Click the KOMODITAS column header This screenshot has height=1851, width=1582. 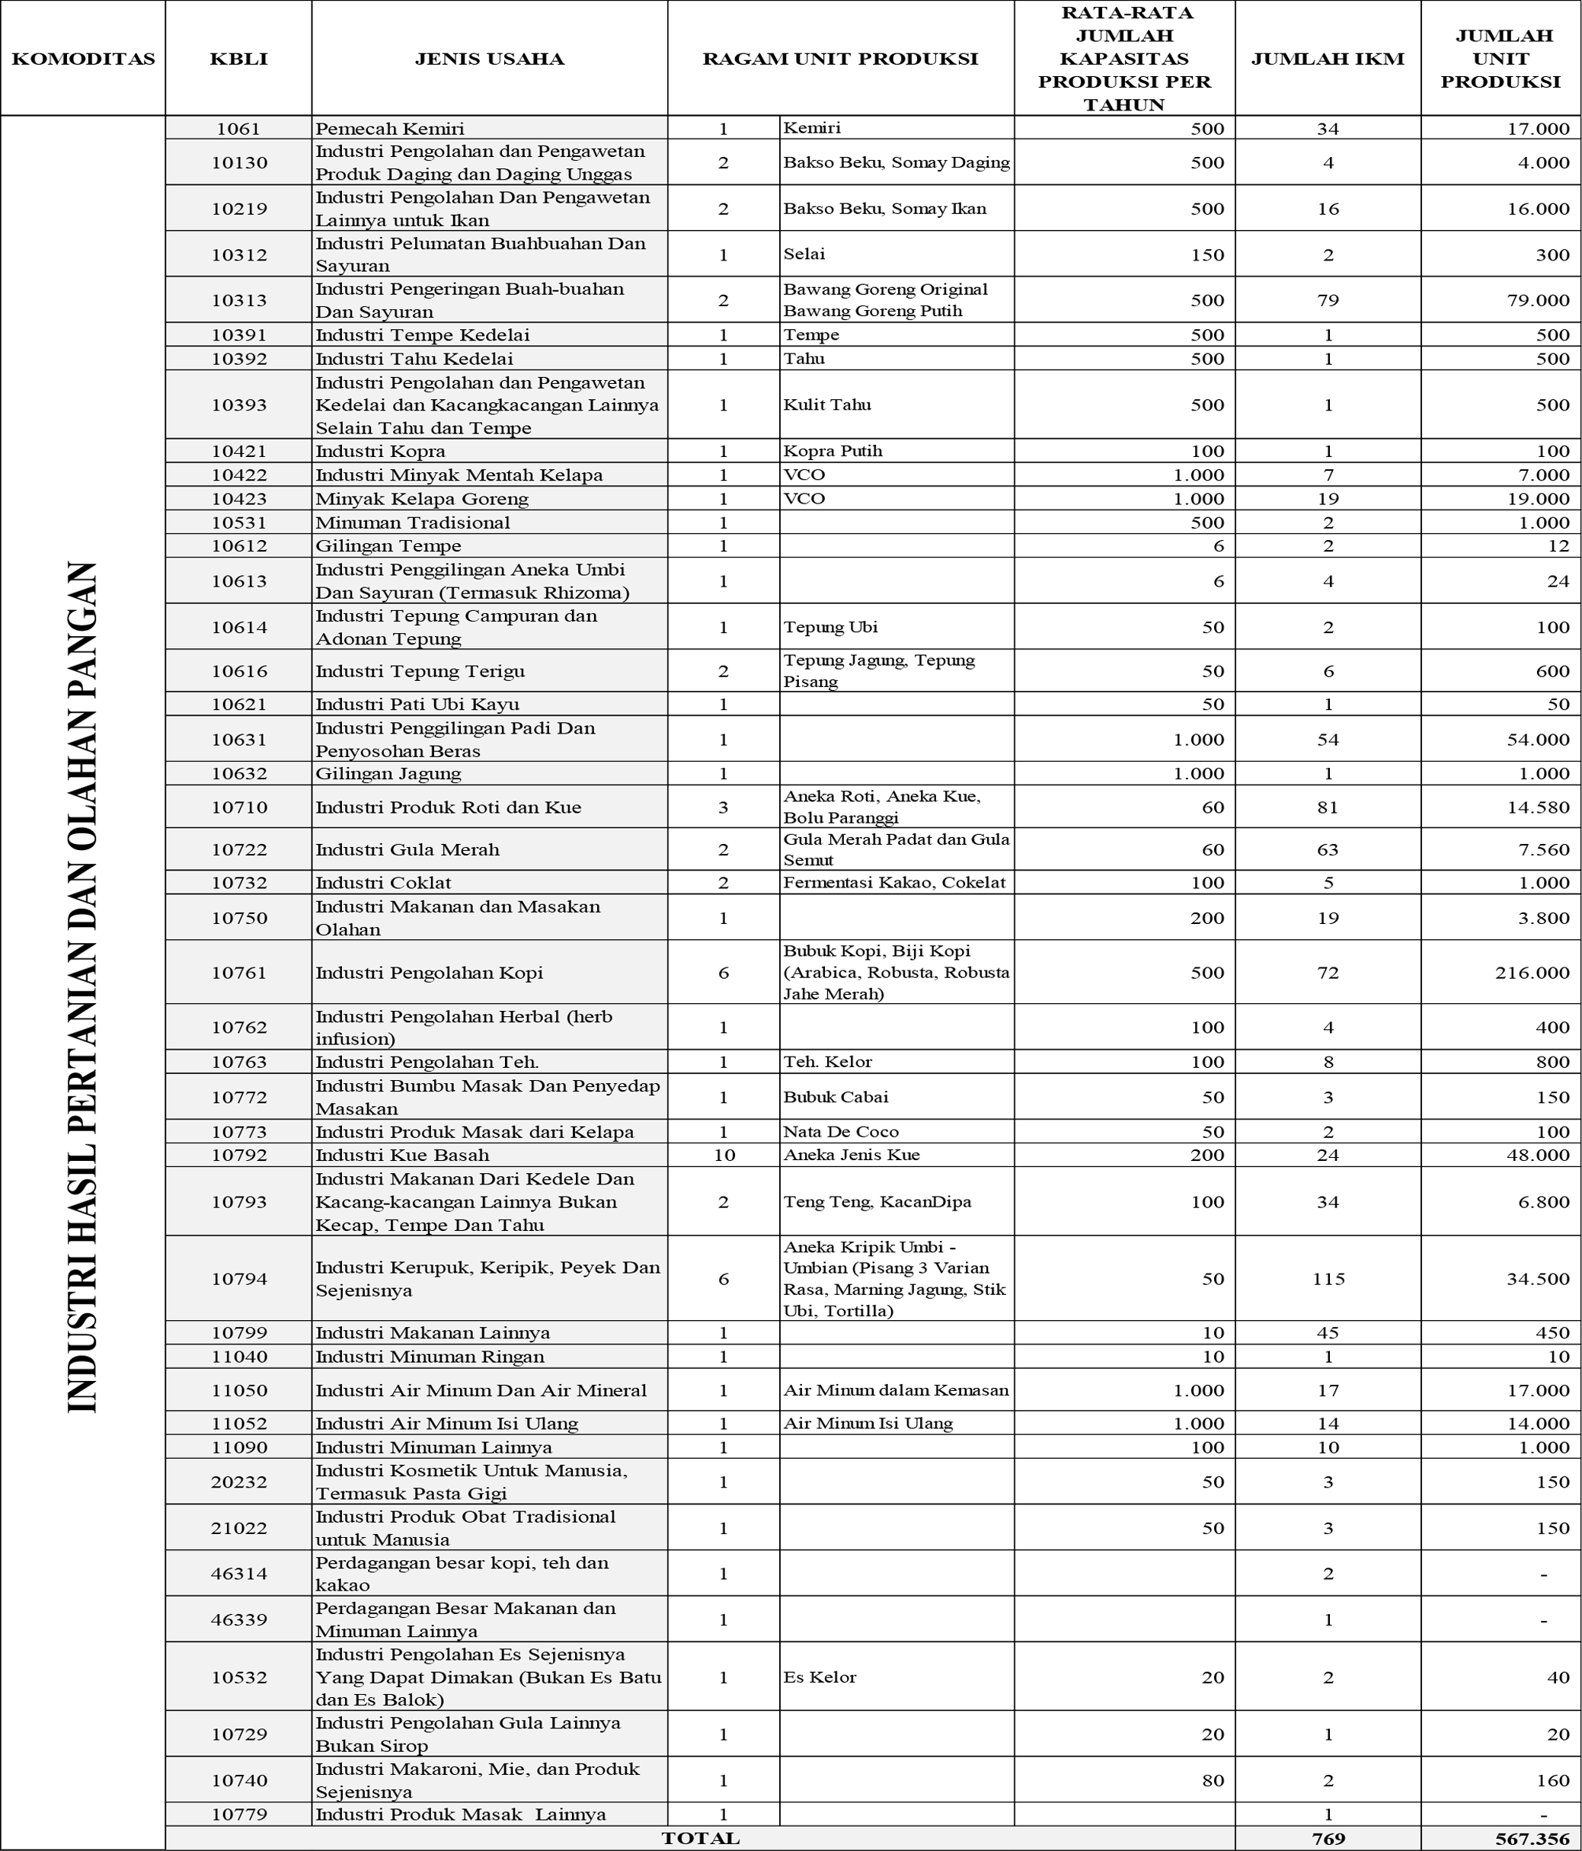pos(83,59)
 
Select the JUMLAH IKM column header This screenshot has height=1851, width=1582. pos(1328,59)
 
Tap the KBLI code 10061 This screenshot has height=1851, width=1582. pos(238,129)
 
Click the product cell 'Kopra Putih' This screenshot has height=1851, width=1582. pos(833,451)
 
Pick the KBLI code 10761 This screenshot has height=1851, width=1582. pos(238,973)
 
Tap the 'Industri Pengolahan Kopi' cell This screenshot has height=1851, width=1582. pos(429,973)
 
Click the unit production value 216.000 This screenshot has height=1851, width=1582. pos(1532,973)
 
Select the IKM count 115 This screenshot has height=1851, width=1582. pos(1328,1279)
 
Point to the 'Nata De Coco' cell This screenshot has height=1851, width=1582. pos(841,1132)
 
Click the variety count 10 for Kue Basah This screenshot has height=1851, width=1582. pos(724,1155)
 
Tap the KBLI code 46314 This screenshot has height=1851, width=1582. pos(238,1574)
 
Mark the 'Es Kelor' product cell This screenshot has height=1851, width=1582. pos(819,1677)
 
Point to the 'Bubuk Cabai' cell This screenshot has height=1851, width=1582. pos(836,1097)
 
